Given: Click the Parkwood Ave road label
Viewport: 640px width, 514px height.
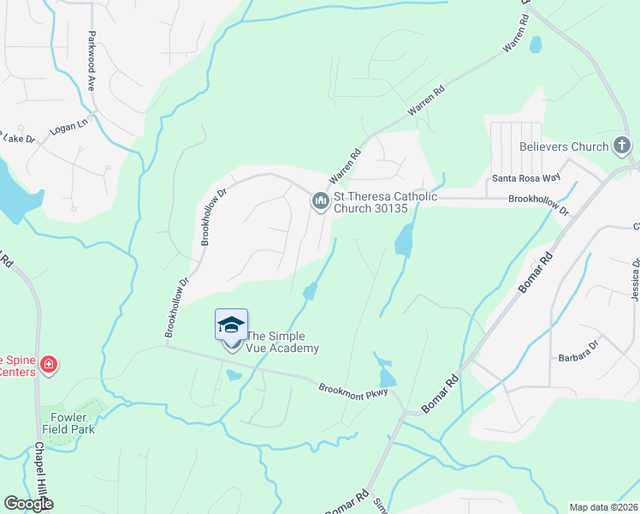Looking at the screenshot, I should pos(90,62).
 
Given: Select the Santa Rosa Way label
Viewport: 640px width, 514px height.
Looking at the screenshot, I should pos(525,178).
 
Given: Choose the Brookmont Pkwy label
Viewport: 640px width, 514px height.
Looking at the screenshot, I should pos(353,389).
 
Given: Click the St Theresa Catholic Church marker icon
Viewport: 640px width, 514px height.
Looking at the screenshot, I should pos(320,201).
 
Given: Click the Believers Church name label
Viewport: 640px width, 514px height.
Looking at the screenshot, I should pos(563,146).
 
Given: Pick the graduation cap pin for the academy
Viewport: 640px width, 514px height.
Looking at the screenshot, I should pos(231,326).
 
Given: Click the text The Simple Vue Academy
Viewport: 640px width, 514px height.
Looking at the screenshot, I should pos(283,343).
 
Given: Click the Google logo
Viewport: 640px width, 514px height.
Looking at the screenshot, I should pos(29,504).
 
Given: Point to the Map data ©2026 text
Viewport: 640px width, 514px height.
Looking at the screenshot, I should pos(602,507).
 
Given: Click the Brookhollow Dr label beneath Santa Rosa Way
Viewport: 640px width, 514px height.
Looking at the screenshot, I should pos(538,199).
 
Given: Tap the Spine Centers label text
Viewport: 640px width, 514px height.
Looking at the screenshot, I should pos(17,366).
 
